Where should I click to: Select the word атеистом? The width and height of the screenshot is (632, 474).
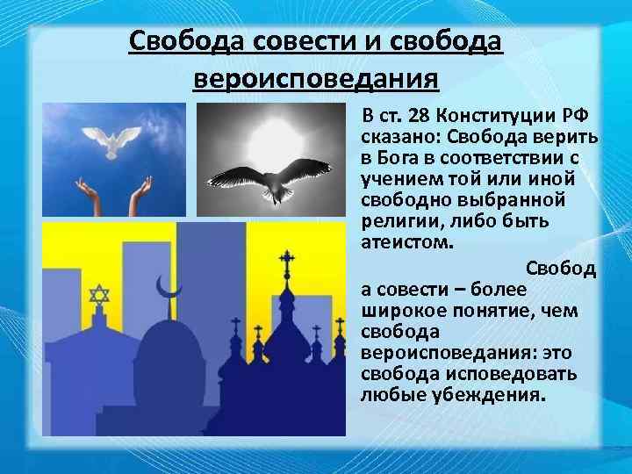click(x=404, y=243)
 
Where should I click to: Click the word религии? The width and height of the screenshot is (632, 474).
click(x=398, y=222)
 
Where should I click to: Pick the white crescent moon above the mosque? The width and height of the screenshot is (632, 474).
click(x=167, y=285)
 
